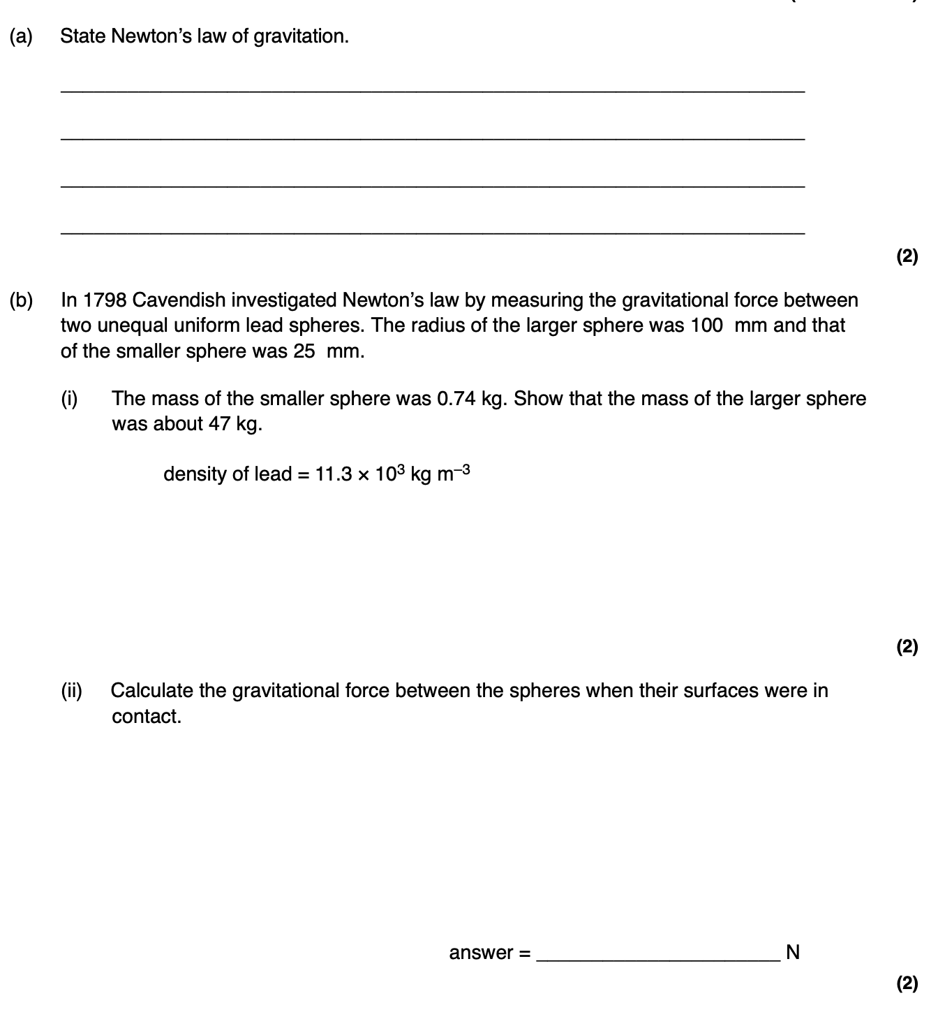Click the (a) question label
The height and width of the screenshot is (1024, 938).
(x=21, y=36)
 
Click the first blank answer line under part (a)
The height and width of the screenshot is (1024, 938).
(x=433, y=90)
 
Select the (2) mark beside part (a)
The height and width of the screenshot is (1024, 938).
(x=907, y=256)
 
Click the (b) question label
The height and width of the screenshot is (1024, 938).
(x=21, y=300)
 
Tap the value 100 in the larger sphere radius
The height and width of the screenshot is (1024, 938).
(x=706, y=326)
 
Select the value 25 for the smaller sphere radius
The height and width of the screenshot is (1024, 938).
(x=304, y=351)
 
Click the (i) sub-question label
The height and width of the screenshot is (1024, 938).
(x=69, y=399)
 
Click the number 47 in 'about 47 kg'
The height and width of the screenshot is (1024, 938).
(x=219, y=424)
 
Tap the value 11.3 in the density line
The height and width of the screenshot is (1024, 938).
(x=332, y=474)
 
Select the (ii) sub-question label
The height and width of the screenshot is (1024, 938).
(x=71, y=691)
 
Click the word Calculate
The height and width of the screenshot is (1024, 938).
(x=151, y=691)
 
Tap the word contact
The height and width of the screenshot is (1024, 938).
(x=146, y=717)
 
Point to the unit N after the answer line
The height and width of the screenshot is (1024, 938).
(x=792, y=952)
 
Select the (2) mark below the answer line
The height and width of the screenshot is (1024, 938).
(x=907, y=983)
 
